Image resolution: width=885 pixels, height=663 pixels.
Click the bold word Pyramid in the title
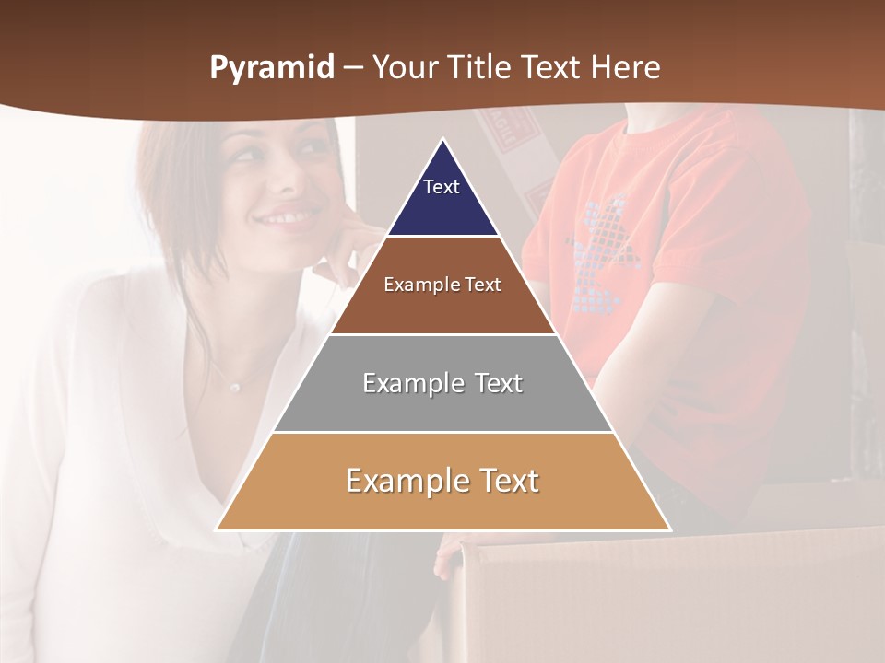(x=271, y=68)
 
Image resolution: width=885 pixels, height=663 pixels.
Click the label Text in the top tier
(x=442, y=187)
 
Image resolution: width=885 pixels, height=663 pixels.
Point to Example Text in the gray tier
(x=442, y=383)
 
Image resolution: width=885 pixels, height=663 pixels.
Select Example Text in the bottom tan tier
(x=442, y=481)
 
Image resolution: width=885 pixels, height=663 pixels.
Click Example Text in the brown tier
(x=442, y=285)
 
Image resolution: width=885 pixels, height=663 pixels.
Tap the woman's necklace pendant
(x=235, y=388)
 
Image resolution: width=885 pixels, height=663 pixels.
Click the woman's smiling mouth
(x=285, y=219)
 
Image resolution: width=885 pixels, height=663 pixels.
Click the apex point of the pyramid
(x=442, y=139)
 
